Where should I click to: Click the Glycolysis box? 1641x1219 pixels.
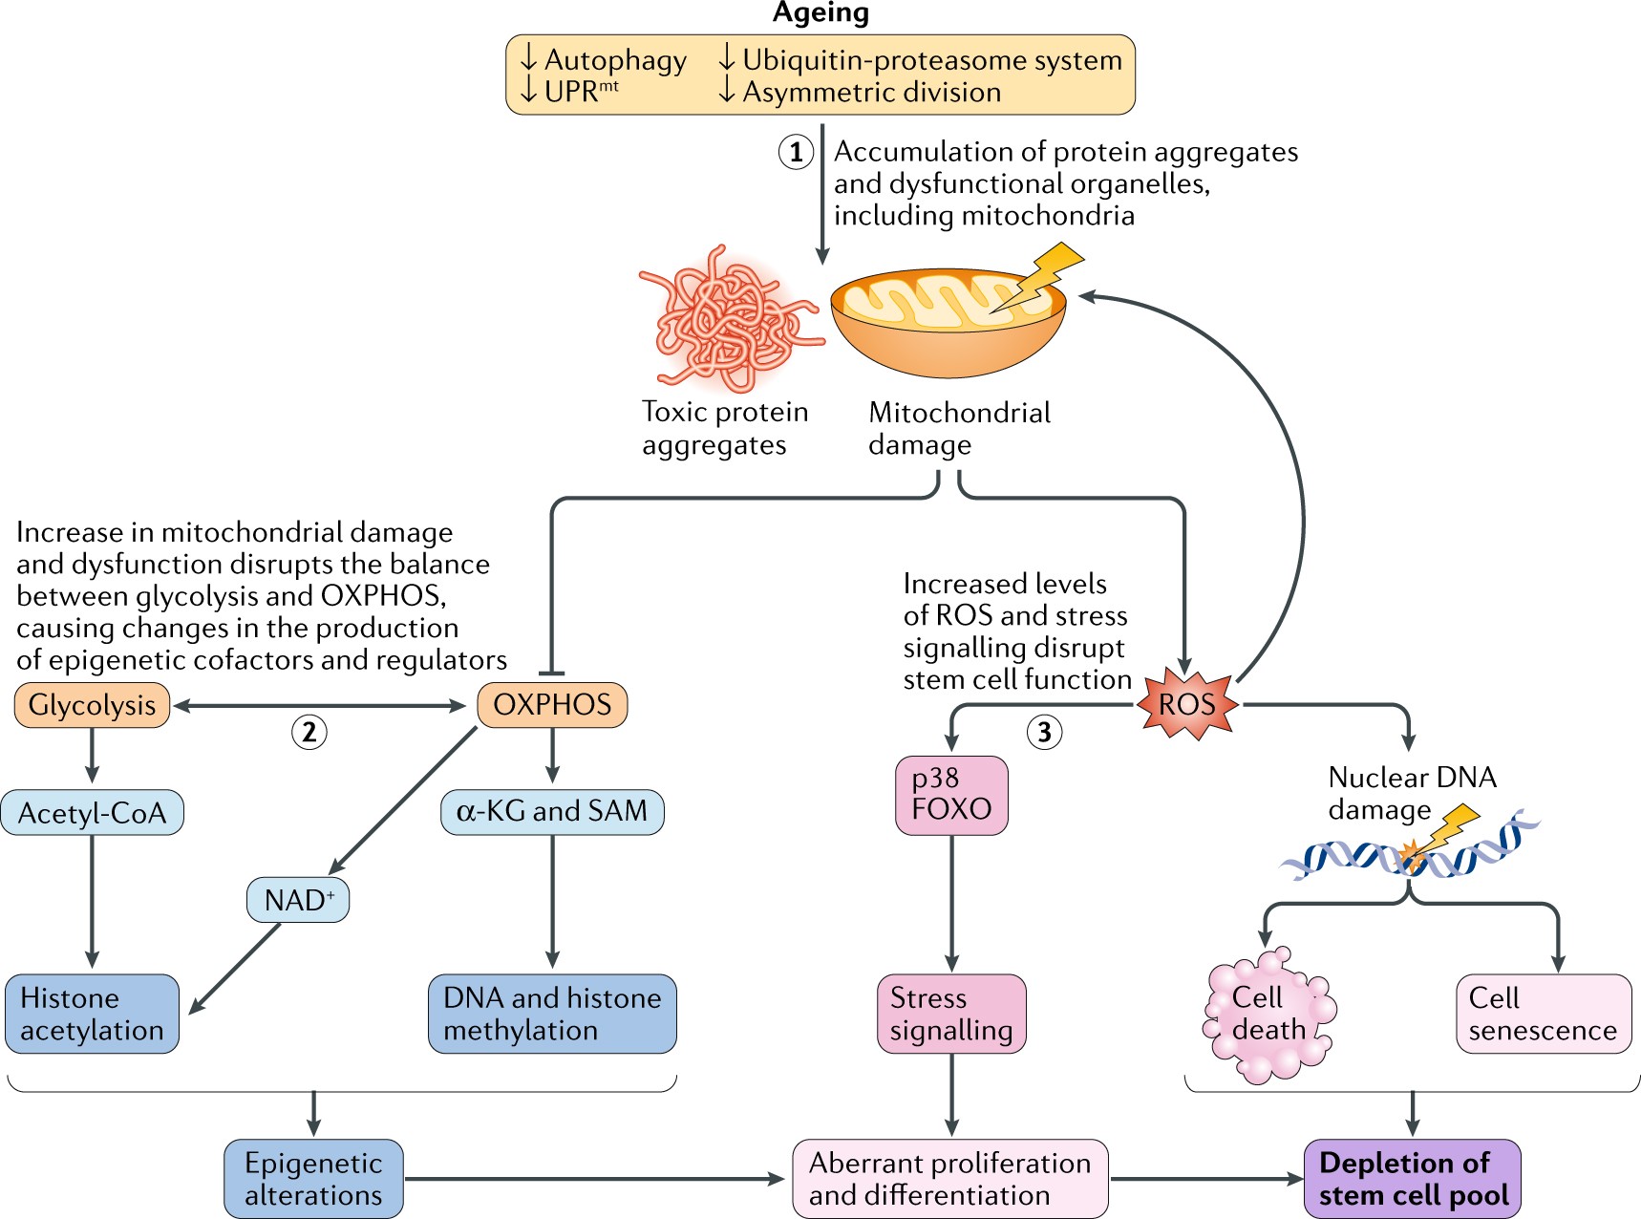click(92, 705)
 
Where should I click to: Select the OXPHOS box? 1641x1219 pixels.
click(552, 705)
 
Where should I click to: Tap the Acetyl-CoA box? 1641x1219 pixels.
click(92, 813)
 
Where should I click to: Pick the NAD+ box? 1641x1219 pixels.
click(298, 900)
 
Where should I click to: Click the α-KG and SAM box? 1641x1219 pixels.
click(552, 811)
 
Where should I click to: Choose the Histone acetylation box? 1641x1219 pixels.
click(92, 1014)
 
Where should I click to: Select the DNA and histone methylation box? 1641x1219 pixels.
click(552, 1014)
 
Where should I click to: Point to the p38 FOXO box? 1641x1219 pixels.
click(951, 795)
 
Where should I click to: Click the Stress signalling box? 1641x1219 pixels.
click(951, 1014)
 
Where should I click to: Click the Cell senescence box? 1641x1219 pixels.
click(1544, 1014)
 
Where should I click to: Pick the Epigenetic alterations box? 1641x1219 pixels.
click(313, 1178)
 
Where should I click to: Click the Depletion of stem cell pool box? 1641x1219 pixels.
click(1412, 1178)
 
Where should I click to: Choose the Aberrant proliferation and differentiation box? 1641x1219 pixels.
click(950, 1178)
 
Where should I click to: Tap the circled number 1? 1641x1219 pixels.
click(796, 152)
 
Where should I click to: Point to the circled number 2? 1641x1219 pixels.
click(309, 733)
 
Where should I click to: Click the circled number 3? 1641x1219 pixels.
click(1044, 733)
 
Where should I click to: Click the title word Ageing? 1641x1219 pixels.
click(820, 13)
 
